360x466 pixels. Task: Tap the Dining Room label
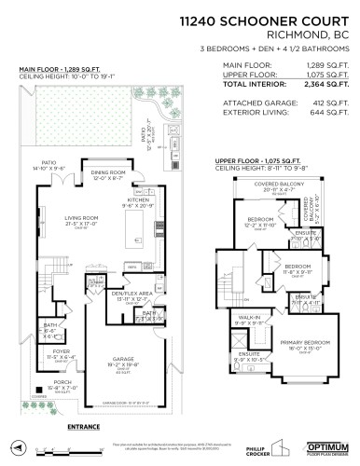click(x=110, y=175)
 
